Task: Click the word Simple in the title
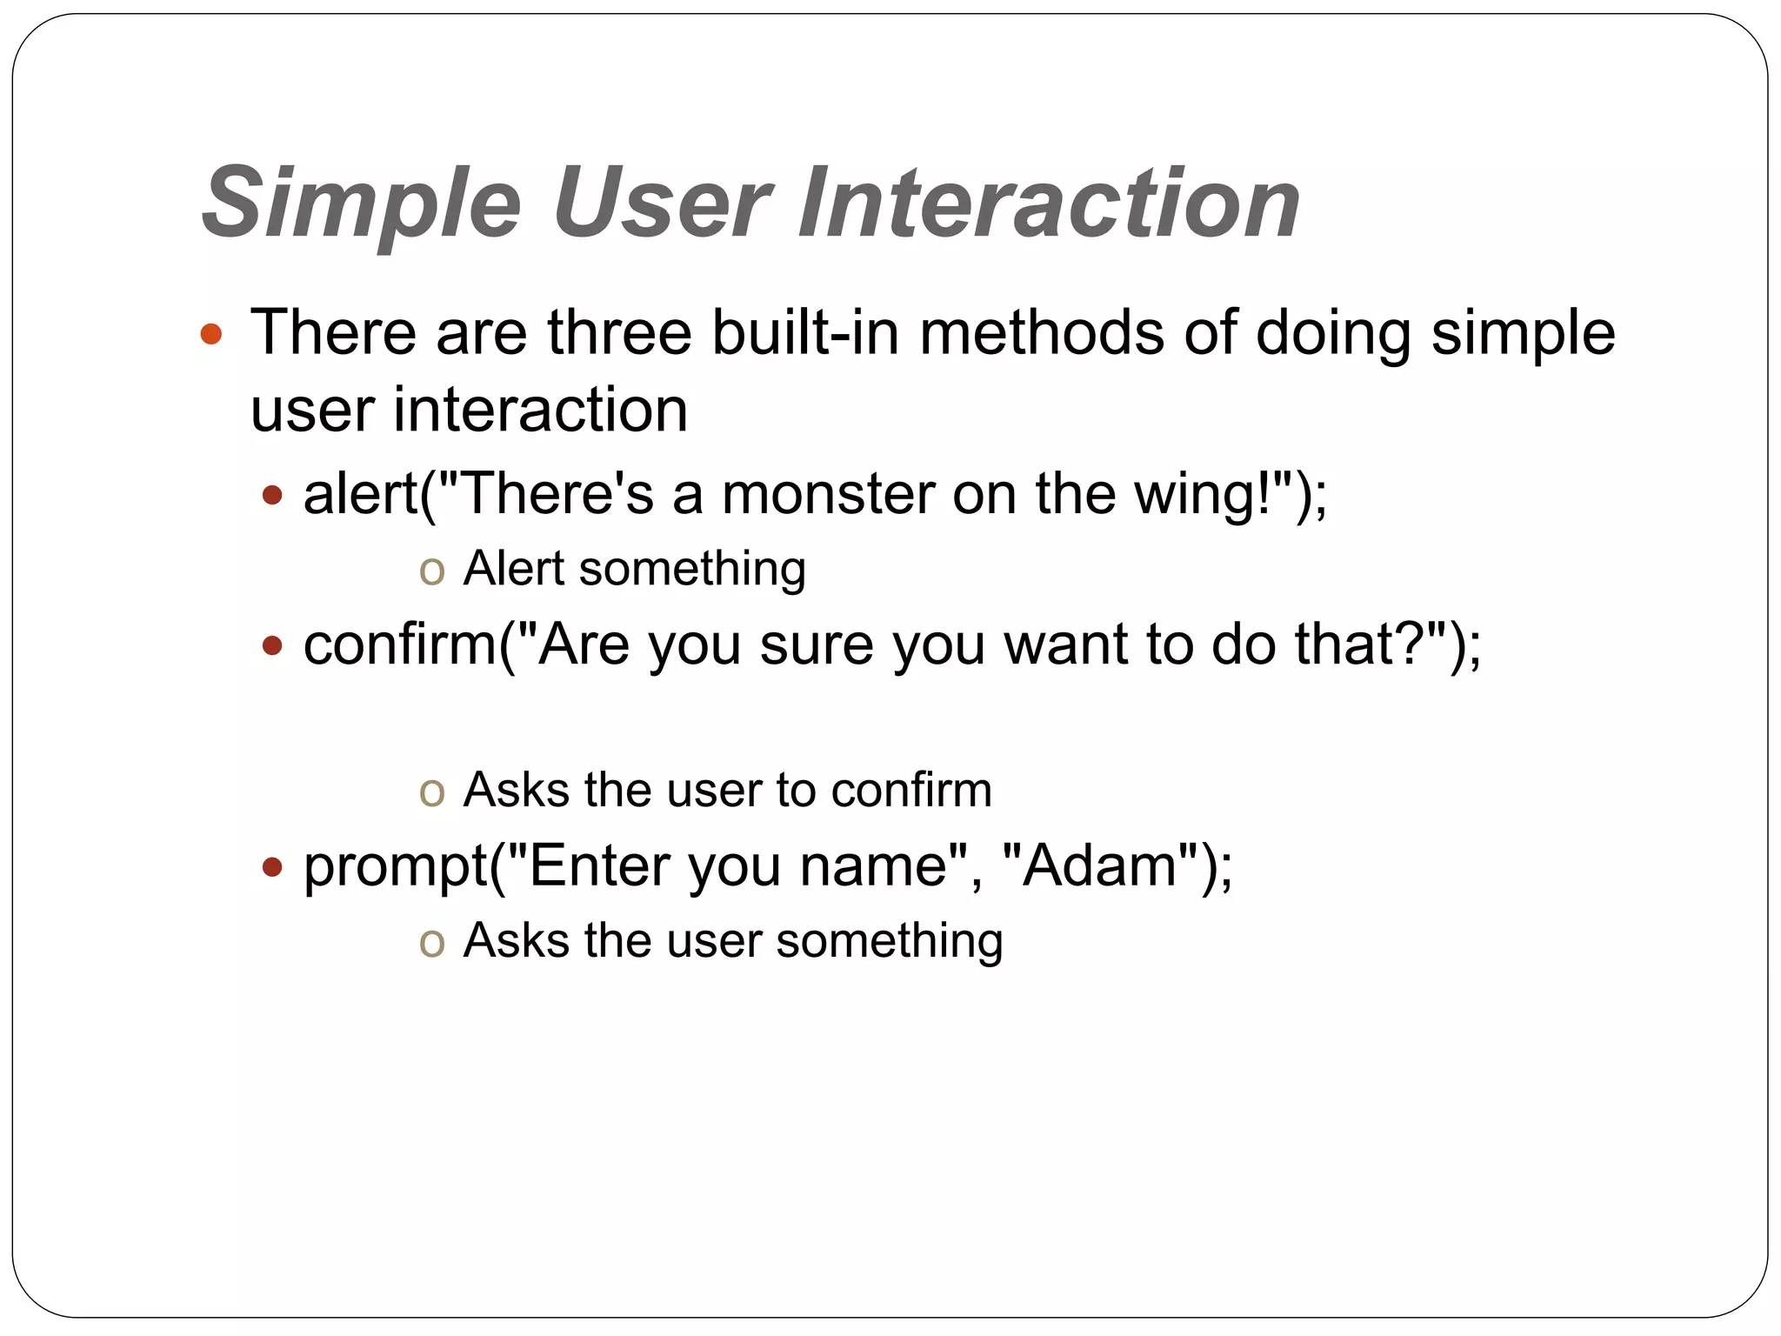coord(361,204)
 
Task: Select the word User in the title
coord(663,204)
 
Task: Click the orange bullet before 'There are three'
coord(211,334)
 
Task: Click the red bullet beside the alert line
coord(273,496)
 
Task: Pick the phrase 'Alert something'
coord(634,570)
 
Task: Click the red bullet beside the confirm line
coord(273,646)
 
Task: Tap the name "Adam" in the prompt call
coord(1099,866)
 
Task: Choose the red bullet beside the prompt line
coord(273,867)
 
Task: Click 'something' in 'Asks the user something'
coord(889,941)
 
